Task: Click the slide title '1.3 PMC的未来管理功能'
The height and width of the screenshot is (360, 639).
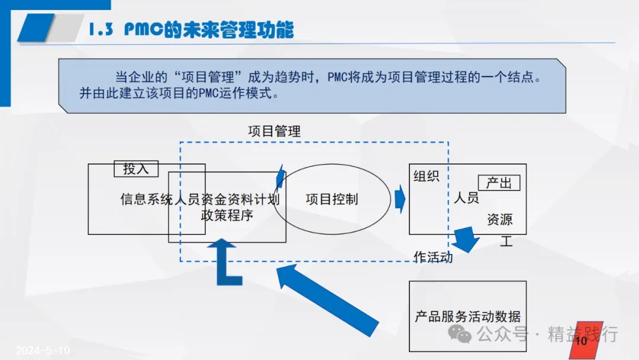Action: point(191,30)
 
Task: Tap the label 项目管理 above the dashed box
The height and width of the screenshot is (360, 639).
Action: point(274,131)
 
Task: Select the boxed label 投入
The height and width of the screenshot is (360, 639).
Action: point(136,169)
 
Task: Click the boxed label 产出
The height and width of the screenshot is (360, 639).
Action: point(498,183)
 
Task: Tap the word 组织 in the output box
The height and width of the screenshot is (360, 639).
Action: point(426,176)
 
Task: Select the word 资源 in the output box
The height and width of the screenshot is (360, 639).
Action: point(499,220)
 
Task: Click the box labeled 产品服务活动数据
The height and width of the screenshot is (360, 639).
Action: point(467,316)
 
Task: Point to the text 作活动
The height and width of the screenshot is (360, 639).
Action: point(433,257)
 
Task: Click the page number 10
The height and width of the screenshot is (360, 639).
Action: point(580,341)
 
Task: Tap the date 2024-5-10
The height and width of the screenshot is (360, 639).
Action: point(43,351)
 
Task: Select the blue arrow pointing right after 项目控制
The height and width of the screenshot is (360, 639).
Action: point(400,199)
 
